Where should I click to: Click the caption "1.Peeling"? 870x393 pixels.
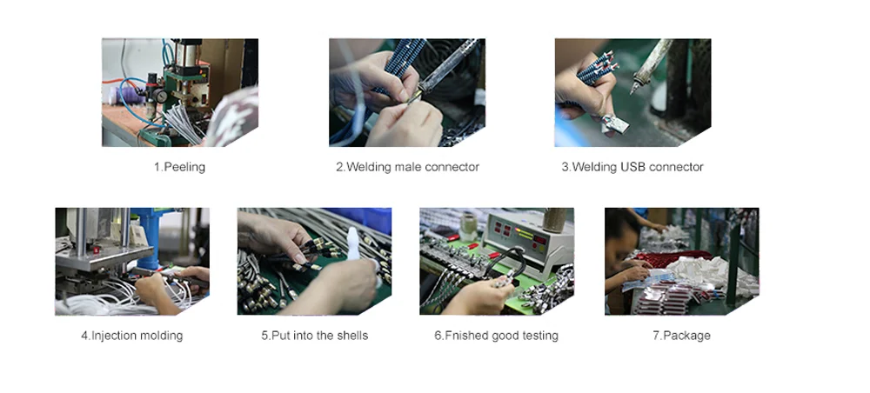179,167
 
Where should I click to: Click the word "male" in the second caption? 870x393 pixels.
408,167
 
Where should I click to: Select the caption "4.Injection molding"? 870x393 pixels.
132,336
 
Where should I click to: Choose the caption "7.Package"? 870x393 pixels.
681,336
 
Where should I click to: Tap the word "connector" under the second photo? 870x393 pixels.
452,167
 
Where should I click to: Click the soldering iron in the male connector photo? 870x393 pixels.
445,71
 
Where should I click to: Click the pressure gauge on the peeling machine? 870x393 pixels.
161,96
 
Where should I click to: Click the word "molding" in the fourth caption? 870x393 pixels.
162,336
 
